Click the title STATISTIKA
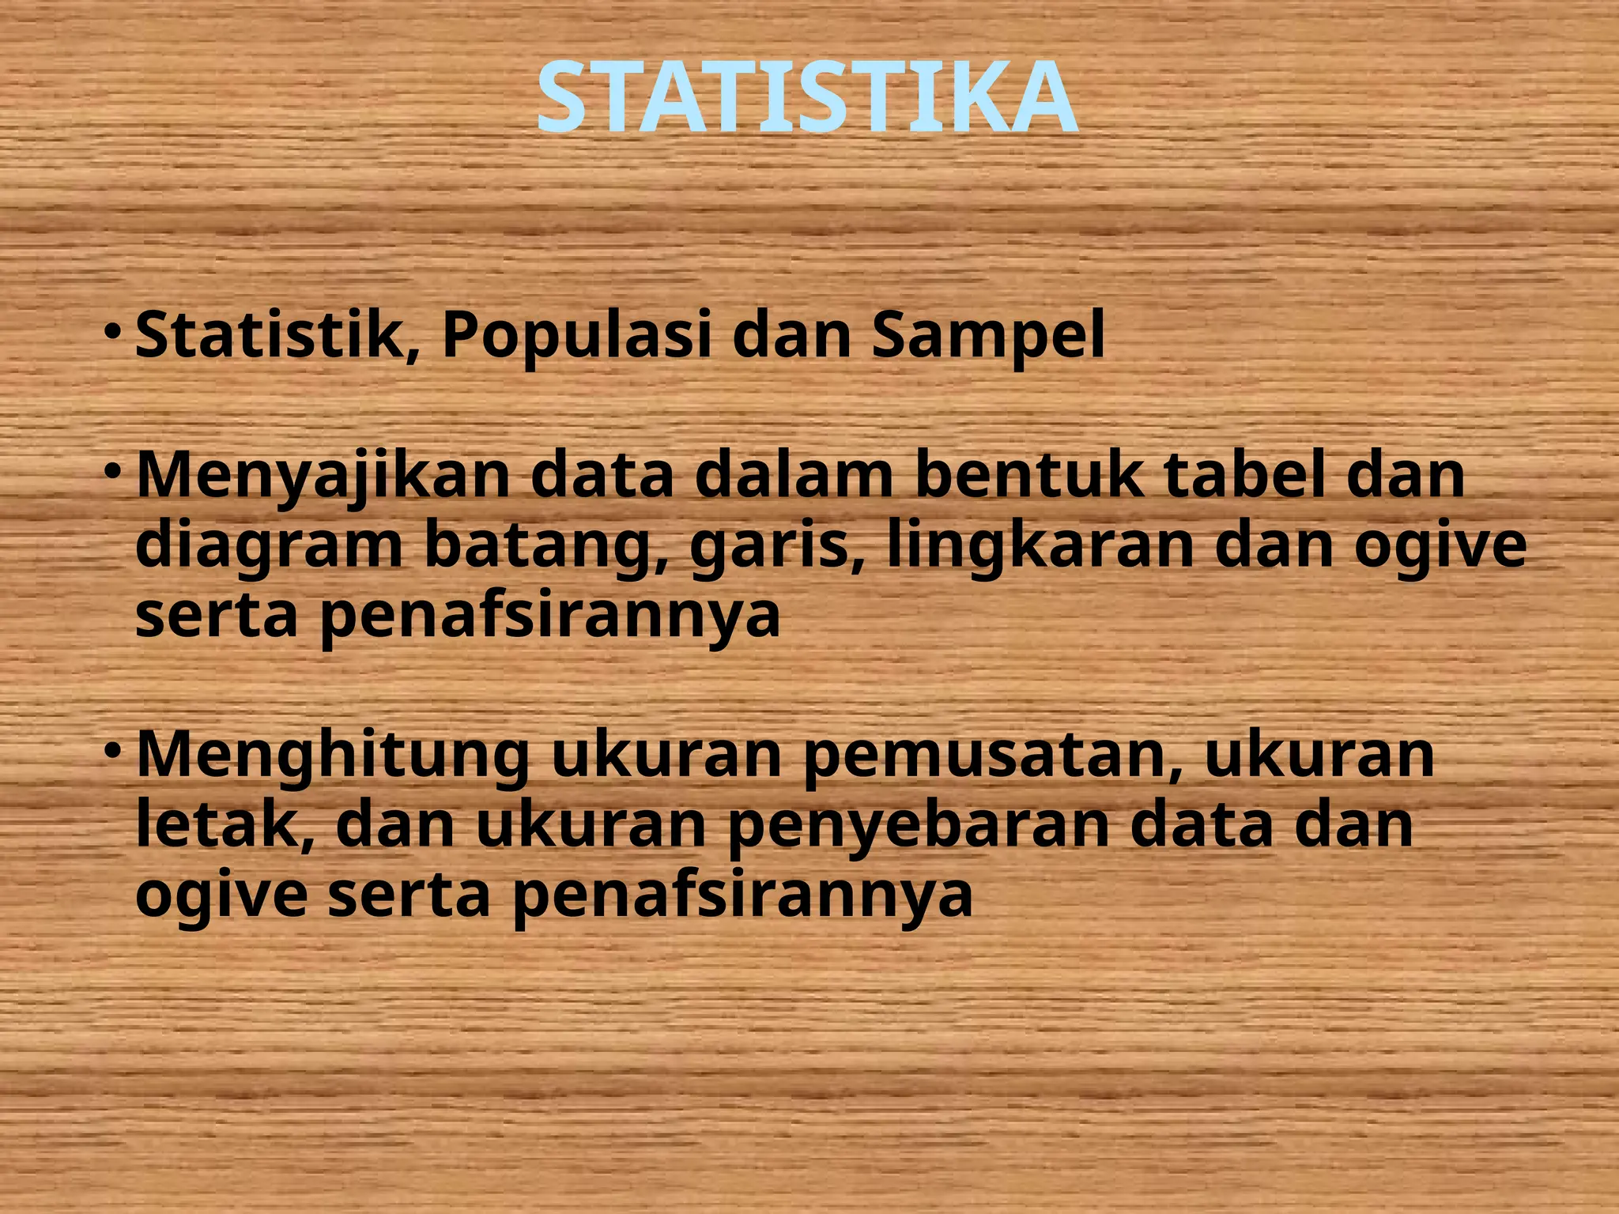point(806,99)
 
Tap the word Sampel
point(987,337)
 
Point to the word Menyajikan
point(323,477)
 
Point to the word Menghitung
point(332,757)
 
